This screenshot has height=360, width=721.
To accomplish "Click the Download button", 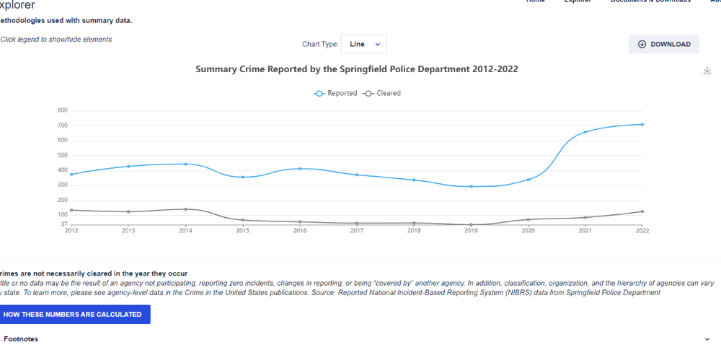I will point(664,44).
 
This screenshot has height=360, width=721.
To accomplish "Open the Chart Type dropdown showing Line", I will point(363,44).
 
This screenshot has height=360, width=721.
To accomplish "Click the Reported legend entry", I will point(335,93).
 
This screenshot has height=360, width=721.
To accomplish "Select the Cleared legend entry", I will point(381,93).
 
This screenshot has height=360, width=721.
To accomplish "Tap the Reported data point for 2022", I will point(642,124).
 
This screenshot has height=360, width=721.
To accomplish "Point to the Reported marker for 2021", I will point(585,132).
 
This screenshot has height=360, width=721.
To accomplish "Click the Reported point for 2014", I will point(185,164).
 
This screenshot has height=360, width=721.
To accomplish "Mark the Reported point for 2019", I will point(471,186).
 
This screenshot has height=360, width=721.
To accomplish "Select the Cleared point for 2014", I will point(185,209).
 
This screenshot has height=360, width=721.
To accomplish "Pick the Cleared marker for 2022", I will point(642,211).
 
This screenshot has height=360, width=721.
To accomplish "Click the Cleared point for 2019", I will point(471,224).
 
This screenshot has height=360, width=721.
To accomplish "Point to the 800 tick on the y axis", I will point(62,110).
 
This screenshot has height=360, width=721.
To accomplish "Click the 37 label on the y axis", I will point(64,224).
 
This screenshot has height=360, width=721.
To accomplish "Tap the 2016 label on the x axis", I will point(299,231).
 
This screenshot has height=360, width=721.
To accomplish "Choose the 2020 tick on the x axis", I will point(528,231).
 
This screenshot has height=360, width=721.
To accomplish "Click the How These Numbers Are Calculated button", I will point(72,315).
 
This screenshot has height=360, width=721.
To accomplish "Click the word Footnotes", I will point(21,339).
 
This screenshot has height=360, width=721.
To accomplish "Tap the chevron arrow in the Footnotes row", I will point(707,339).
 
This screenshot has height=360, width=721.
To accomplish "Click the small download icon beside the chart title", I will point(707,70).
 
